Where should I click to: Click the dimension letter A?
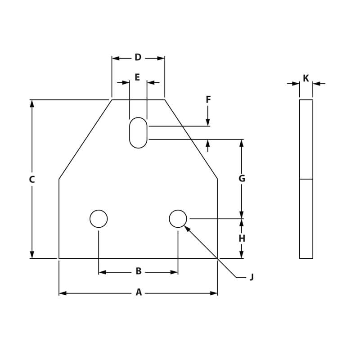[139, 292]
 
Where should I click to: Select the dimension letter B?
[139, 271]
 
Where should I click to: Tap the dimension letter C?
[31, 180]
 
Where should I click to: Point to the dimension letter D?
[138, 58]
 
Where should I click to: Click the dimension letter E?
[137, 77]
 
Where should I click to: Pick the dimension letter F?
[208, 100]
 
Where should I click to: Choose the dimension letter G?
[242, 179]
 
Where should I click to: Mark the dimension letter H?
[242, 238]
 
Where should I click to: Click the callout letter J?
[252, 277]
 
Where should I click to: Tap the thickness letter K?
[306, 79]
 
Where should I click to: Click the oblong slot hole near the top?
[138, 133]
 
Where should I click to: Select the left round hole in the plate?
[99, 219]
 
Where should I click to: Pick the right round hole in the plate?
[178, 219]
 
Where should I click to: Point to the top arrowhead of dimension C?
[32, 103]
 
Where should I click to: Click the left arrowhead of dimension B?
[102, 272]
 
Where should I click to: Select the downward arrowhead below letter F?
[208, 122]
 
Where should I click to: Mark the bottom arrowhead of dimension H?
[242, 255]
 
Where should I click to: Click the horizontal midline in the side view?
[306, 179]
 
